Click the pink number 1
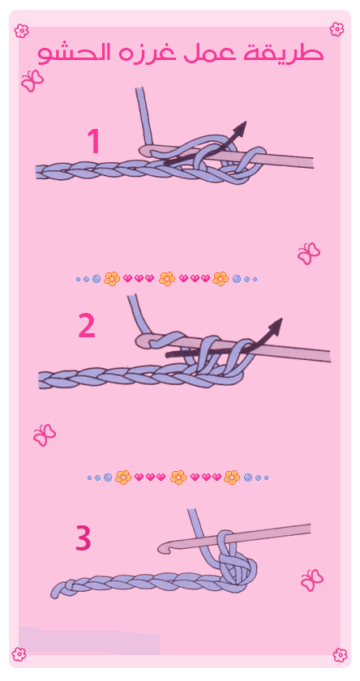coord(94,141)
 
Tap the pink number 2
coord(87,326)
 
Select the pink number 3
coord(84,538)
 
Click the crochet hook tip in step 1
coord(145,151)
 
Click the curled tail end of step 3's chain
coord(57,590)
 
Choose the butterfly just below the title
coord(32,81)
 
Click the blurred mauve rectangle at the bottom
coord(89,640)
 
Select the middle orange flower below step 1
coord(167,278)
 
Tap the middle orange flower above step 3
coord(178,478)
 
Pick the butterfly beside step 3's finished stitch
coord(312,580)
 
